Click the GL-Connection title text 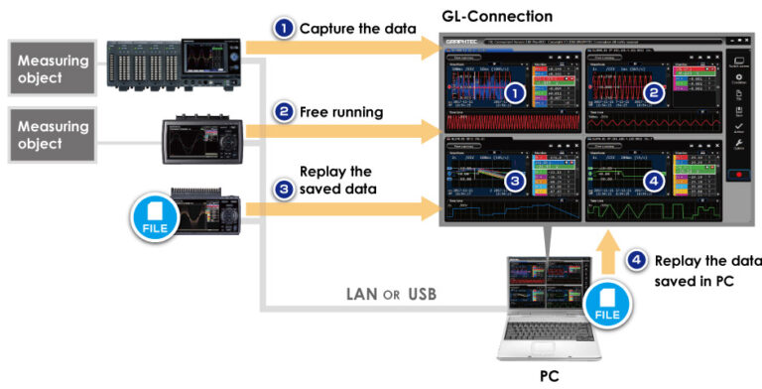coord(496,17)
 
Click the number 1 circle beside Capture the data coord(285,29)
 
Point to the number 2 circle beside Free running coord(285,112)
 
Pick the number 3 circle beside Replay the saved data coord(285,185)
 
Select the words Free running coord(341,112)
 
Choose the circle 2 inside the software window coord(652,93)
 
